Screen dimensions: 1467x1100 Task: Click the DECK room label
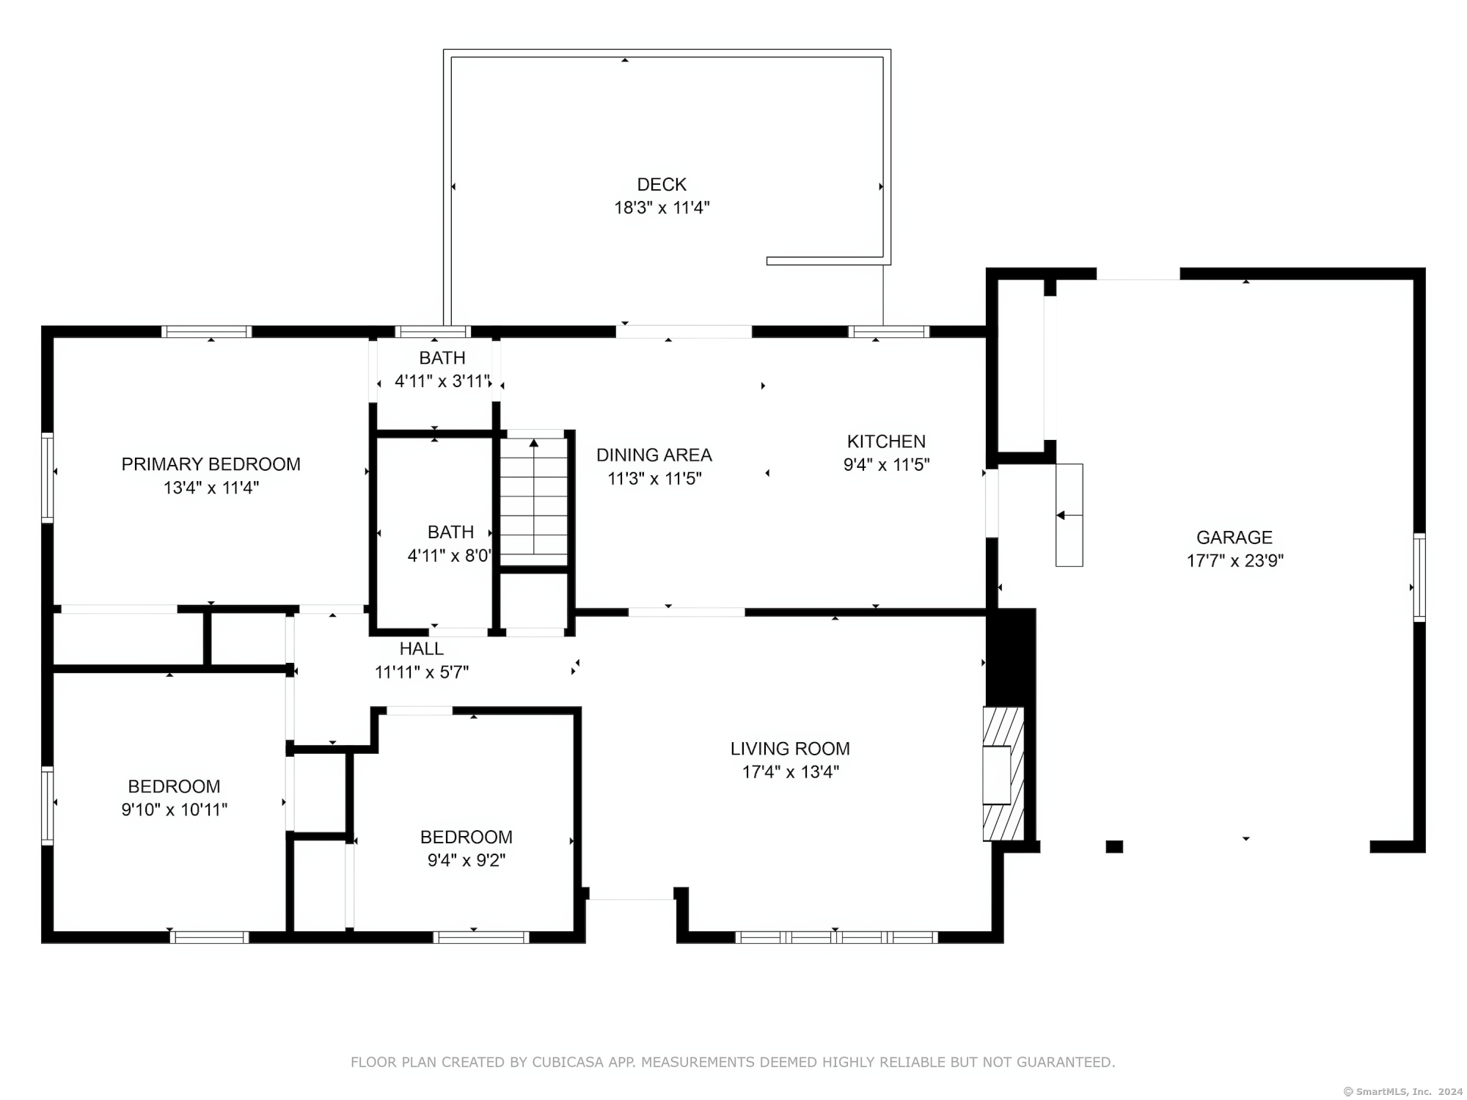(x=662, y=184)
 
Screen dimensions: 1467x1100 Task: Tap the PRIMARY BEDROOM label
(x=211, y=464)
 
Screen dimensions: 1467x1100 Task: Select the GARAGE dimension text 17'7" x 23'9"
(x=1235, y=561)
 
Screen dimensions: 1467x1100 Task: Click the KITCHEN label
(x=886, y=441)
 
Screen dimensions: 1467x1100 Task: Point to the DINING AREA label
(x=654, y=455)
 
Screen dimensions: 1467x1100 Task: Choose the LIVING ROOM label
(x=790, y=749)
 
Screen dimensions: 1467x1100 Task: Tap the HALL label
(x=422, y=649)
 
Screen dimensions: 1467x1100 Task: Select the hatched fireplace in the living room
(x=1003, y=774)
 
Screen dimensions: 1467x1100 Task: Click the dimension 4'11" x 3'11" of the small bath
(x=442, y=381)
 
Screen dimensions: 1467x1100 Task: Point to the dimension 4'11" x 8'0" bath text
(x=449, y=556)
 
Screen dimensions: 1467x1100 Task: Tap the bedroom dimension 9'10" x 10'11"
(x=175, y=810)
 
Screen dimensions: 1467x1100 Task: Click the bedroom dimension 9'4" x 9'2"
(x=467, y=860)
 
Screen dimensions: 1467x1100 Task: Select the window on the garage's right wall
(x=1419, y=578)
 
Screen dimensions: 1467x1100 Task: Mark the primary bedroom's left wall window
(x=48, y=477)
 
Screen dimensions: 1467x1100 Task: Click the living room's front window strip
(x=837, y=937)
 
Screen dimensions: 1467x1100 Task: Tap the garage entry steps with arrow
(x=1069, y=515)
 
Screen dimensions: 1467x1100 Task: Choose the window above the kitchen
(x=889, y=331)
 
